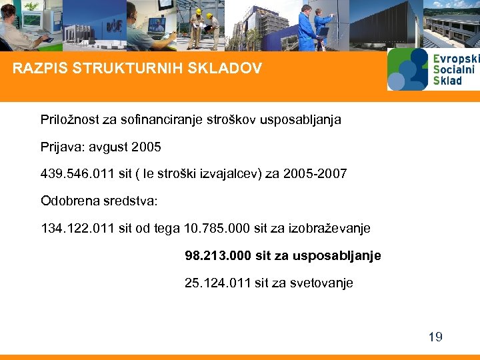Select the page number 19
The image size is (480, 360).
pos(435,337)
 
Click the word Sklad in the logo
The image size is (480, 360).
pos(447,81)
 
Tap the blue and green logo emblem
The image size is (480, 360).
pos(407,69)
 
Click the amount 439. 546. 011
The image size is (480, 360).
pos(78,174)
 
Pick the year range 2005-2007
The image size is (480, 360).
pos(315,174)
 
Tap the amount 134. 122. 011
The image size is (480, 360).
pos(78,229)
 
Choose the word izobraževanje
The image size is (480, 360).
pos(329,229)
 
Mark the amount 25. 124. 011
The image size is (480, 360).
pos(217,283)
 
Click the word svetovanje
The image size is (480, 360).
pos(321,283)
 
